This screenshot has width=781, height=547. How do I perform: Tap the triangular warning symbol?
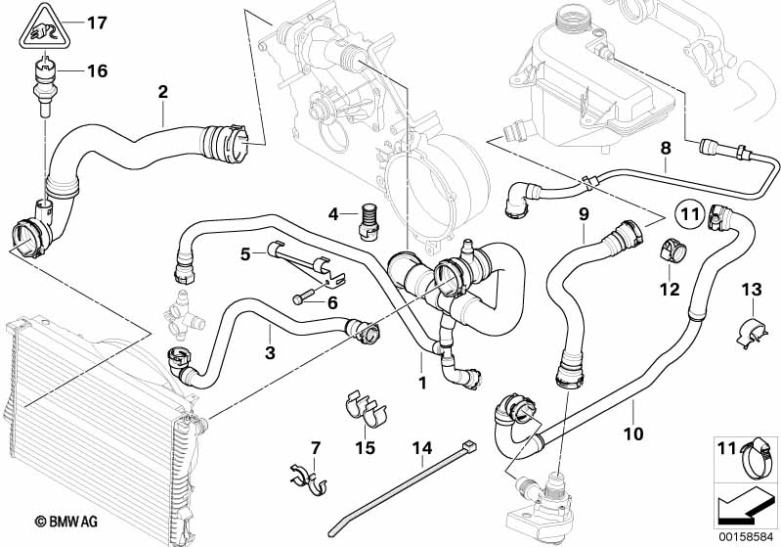(42, 26)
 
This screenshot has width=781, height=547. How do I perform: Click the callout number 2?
(163, 92)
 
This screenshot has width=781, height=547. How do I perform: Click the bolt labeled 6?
(304, 296)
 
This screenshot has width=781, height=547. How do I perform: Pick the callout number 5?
(246, 254)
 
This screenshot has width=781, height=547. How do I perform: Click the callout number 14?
(421, 450)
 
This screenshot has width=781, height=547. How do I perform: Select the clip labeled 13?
(750, 330)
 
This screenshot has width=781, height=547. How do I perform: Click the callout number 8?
(666, 149)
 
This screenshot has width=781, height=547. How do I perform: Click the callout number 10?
(633, 431)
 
